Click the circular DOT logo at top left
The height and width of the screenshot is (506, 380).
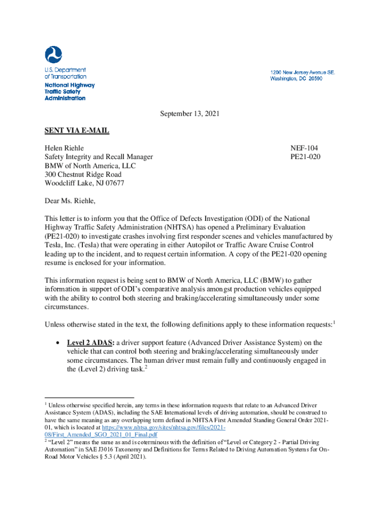coord(53,55)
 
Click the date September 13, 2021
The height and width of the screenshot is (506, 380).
coord(189,114)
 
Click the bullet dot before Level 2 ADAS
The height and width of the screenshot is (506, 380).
coord(59,343)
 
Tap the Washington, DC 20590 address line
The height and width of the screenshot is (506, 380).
coord(296,79)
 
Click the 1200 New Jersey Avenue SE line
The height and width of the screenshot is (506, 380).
coord(303,72)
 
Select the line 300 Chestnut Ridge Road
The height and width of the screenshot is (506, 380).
coord(83,174)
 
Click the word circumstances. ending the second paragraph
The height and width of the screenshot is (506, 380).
coord(67,307)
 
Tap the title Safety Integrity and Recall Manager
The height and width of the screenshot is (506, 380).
coord(99,157)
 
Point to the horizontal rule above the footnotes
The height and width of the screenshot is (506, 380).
coord(89,397)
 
